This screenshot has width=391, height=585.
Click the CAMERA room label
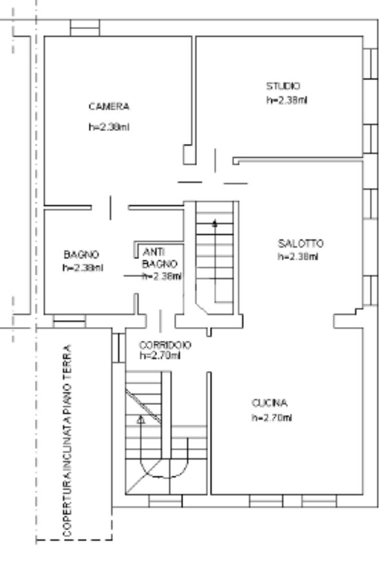point(109,106)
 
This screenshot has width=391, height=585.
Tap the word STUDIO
point(283,86)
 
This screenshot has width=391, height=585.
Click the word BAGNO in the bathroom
point(81,254)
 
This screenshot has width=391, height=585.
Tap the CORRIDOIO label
point(165,345)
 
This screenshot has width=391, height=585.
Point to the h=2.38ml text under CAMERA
point(109,127)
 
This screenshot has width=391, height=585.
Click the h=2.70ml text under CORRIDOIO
point(160,355)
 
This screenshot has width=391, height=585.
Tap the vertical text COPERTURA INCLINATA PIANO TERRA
point(68,440)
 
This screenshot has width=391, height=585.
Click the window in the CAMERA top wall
point(85,27)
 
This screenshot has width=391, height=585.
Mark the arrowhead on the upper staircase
point(215,223)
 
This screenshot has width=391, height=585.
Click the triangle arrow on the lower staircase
point(141,420)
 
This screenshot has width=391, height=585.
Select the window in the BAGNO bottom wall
point(69,321)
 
